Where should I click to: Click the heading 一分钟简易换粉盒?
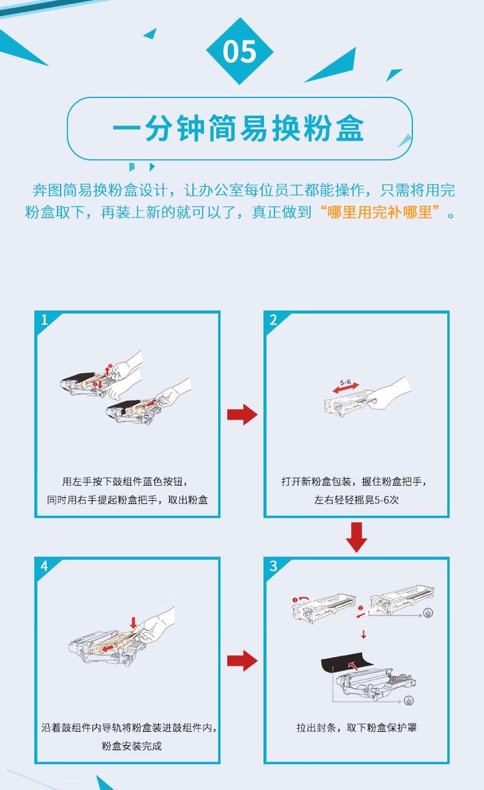(239, 128)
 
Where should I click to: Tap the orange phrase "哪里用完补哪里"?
(379, 212)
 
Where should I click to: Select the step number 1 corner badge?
(44, 320)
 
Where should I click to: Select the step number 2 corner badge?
(274, 320)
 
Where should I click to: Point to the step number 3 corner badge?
(274, 566)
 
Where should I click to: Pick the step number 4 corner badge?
(44, 566)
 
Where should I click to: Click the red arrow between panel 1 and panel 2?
(242, 415)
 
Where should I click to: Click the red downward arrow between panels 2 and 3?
(356, 537)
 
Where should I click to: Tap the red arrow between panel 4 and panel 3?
(242, 660)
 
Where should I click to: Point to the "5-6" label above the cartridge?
(345, 383)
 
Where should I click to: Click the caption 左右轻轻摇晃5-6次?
(356, 500)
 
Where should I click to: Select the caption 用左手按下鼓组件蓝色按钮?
(126, 481)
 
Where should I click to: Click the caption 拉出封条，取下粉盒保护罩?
(356, 727)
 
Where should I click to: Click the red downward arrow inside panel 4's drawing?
(134, 623)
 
